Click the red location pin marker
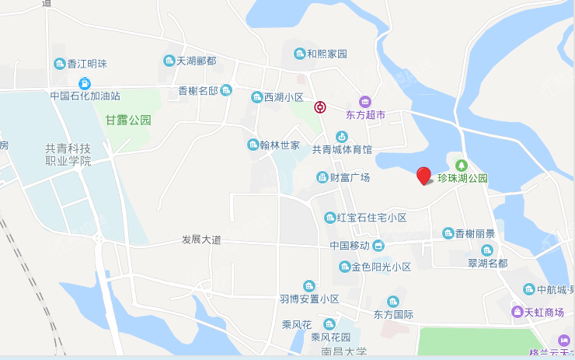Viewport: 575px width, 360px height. click(x=423, y=176)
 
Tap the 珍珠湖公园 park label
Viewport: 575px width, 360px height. click(x=462, y=178)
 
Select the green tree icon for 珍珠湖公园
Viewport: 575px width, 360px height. click(x=462, y=165)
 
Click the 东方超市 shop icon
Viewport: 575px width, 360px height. click(x=365, y=101)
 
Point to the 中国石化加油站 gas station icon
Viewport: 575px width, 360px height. click(x=85, y=83)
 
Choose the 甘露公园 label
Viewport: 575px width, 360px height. click(x=128, y=121)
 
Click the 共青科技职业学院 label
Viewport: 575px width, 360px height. click(x=68, y=155)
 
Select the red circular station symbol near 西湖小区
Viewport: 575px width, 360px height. click(x=320, y=107)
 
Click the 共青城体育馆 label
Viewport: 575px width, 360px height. click(x=342, y=149)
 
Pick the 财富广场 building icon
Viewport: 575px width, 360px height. click(x=322, y=178)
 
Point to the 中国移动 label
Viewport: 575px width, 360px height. click(x=350, y=246)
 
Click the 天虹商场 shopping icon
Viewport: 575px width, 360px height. click(x=517, y=313)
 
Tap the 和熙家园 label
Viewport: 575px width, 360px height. click(x=326, y=54)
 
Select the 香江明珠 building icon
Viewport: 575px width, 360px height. click(x=59, y=64)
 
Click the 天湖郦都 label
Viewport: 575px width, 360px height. click(x=196, y=61)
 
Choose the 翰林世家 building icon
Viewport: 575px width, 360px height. click(x=253, y=145)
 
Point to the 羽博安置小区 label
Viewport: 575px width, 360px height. click(x=310, y=299)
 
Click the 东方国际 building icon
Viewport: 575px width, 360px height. click(x=392, y=302)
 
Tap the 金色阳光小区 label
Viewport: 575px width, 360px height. click(x=381, y=267)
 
